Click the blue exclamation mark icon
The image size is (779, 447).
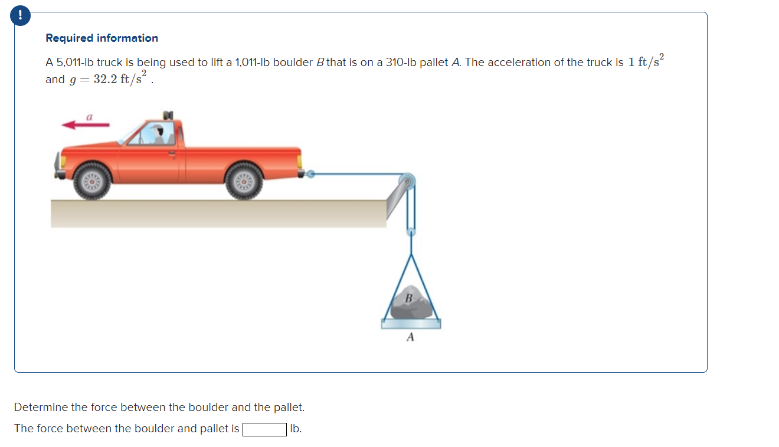[x=21, y=16]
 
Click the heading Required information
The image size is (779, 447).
[x=102, y=38]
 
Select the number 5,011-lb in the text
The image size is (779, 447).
[x=74, y=63]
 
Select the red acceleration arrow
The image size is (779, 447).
[x=86, y=125]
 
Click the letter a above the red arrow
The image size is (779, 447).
[x=89, y=117]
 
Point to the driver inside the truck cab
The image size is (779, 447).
[x=157, y=134]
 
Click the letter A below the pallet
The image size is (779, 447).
[x=411, y=337]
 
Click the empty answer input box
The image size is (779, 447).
[x=264, y=429]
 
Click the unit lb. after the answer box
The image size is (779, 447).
[x=296, y=429]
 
